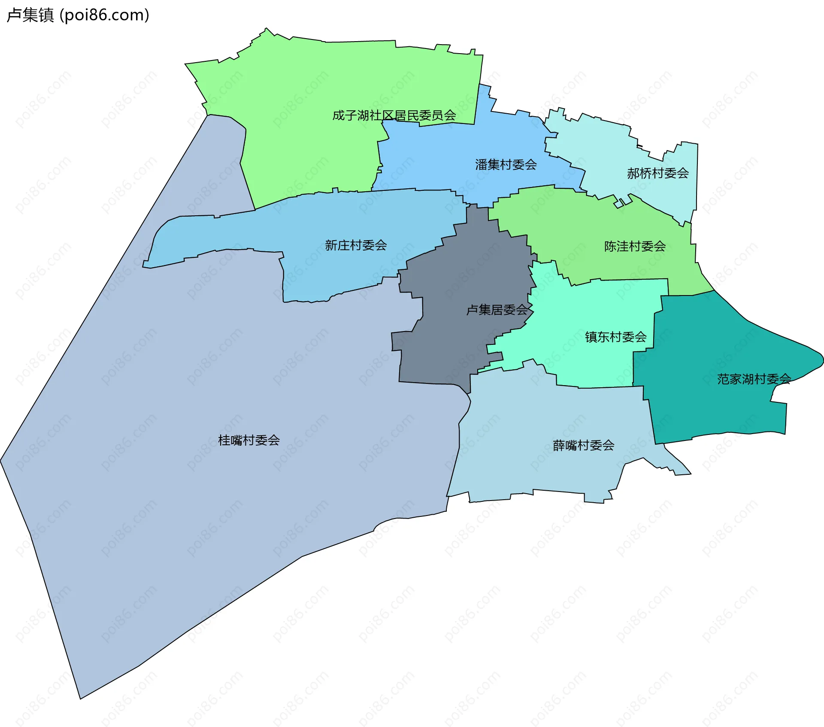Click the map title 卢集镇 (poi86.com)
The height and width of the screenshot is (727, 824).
(78, 15)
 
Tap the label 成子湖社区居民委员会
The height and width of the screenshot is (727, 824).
(394, 115)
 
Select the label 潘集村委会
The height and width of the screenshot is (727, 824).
(506, 165)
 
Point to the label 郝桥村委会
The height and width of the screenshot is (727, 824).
(657, 173)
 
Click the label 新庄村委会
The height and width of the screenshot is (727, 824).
(356, 245)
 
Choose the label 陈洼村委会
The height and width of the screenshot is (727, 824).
(635, 246)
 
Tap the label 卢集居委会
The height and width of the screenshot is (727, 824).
(497, 310)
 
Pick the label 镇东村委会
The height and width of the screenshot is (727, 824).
(615, 337)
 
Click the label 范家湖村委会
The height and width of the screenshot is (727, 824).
(754, 379)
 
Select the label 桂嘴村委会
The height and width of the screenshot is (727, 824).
(249, 440)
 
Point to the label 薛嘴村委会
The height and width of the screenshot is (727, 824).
(583, 446)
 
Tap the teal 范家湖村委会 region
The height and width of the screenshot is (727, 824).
(708, 412)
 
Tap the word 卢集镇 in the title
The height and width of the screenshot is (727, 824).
(30, 15)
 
